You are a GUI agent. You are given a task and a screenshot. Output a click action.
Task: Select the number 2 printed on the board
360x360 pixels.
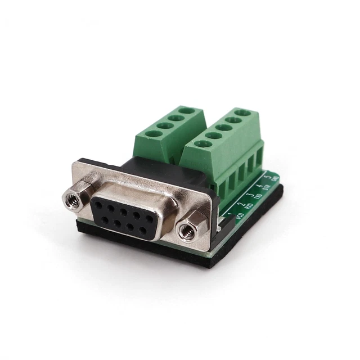tap(240, 205)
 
